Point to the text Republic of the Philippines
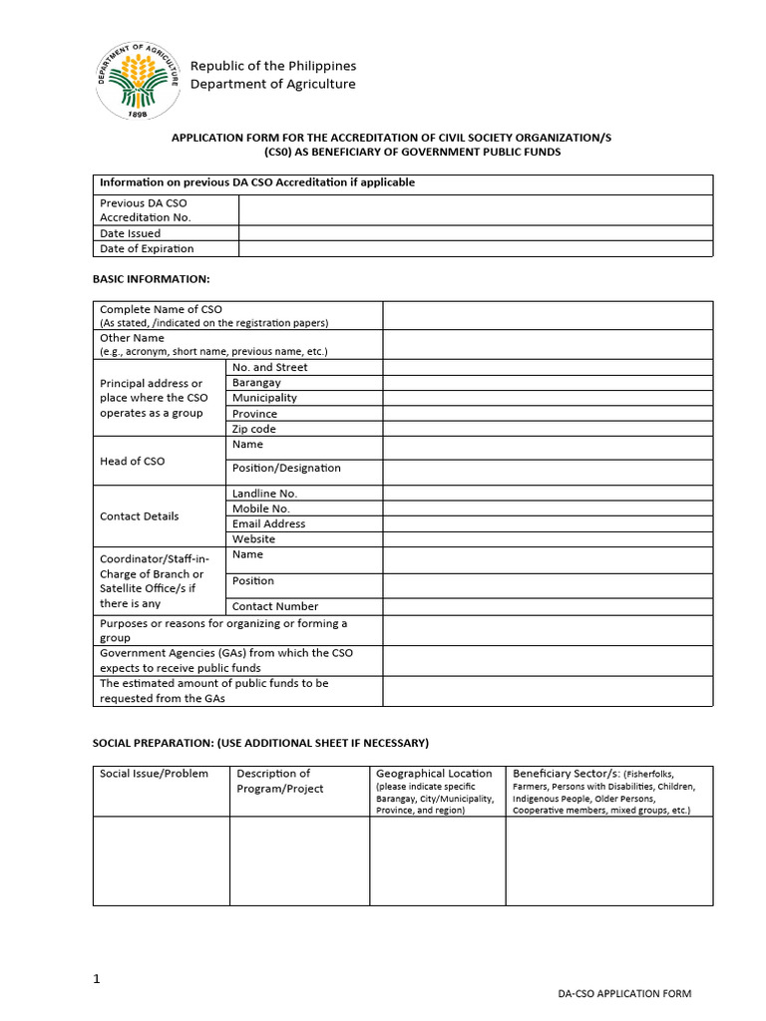tap(272, 66)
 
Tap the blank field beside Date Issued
tap(476, 233)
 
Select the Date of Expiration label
tap(147, 249)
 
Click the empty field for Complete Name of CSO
tap(548, 315)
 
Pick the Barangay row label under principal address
tap(256, 383)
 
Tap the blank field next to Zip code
tap(548, 429)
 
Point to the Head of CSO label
tap(133, 462)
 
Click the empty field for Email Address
tap(548, 523)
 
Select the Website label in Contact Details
tap(253, 539)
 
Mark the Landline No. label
tap(264, 494)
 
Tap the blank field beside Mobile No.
tap(548, 509)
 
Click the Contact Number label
tap(275, 606)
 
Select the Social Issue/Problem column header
tap(155, 774)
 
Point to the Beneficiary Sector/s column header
tap(566, 774)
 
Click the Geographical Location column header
tap(434, 774)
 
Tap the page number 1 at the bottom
tap(97, 979)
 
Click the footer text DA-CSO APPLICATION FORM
tap(624, 994)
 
